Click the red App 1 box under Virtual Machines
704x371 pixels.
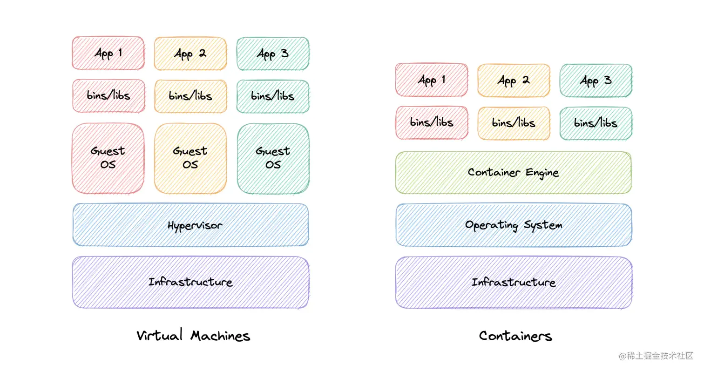click(x=108, y=53)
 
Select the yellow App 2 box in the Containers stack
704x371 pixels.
click(x=514, y=81)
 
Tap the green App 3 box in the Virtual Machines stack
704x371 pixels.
click(x=273, y=54)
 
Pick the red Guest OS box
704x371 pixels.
click(x=108, y=158)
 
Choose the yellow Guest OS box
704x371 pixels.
click(x=190, y=158)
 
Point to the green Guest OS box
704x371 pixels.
click(x=273, y=158)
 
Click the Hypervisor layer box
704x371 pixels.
click(x=190, y=225)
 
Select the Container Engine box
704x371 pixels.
click(x=514, y=172)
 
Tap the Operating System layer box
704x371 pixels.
click(x=514, y=225)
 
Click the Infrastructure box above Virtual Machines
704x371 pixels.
click(x=190, y=282)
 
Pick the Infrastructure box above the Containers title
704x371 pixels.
click(x=514, y=282)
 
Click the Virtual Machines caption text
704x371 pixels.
click(x=193, y=336)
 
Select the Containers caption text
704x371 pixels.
click(x=515, y=336)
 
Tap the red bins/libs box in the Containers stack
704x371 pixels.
click(x=432, y=123)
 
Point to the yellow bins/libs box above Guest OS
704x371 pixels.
click(x=190, y=96)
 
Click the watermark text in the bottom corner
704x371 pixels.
click(x=657, y=356)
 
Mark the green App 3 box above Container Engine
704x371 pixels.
click(x=596, y=81)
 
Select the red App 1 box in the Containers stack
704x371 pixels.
click(x=432, y=80)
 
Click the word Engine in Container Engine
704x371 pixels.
click(x=542, y=173)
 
